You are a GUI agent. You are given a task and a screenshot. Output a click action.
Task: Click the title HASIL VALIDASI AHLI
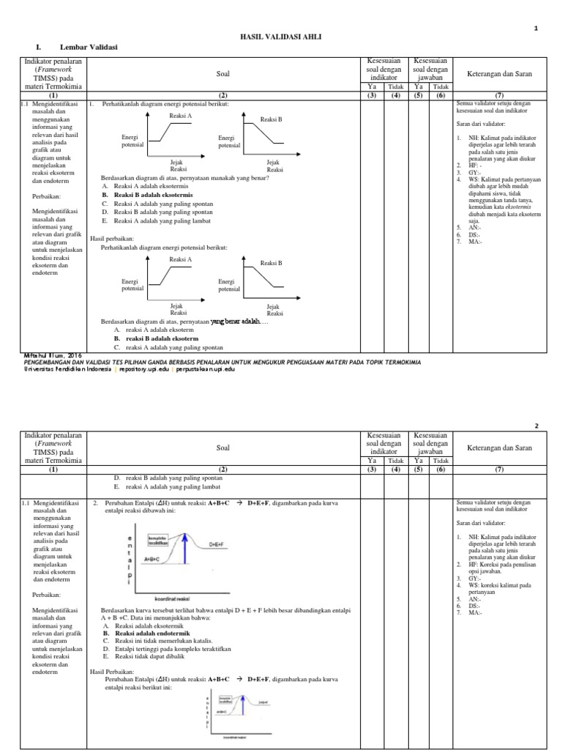click(281, 36)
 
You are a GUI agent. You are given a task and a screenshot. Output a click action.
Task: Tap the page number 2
click(536, 426)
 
